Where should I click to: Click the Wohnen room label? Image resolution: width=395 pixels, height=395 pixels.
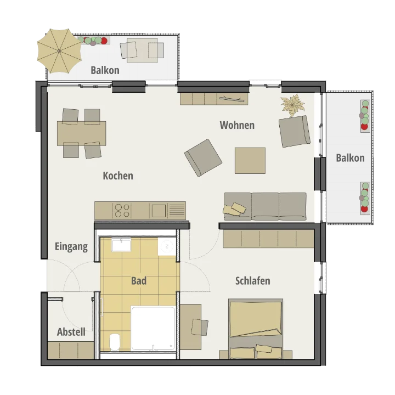(x=237, y=125)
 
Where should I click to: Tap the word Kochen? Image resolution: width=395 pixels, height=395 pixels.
(x=118, y=176)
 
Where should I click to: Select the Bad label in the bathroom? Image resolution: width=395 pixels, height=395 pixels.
(x=139, y=281)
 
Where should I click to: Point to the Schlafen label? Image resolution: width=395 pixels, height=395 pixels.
(x=253, y=281)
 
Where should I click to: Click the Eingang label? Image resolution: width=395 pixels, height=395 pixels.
(x=71, y=247)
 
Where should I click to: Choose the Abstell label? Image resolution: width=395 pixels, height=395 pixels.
(x=71, y=332)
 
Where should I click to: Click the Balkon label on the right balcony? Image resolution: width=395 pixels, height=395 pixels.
(x=350, y=158)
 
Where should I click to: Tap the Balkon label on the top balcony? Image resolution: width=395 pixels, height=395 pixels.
(x=105, y=70)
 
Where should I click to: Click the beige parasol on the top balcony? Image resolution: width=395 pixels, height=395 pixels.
(x=59, y=51)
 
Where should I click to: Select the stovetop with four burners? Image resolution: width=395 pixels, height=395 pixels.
(x=122, y=211)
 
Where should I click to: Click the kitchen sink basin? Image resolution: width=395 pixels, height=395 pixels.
(x=159, y=211)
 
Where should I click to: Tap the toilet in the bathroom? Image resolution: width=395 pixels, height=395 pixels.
(x=115, y=342)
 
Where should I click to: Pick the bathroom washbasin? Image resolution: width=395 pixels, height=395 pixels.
(x=121, y=245)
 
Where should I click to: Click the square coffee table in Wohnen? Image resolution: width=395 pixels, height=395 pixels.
(x=250, y=161)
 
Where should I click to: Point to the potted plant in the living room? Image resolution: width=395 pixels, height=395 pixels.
(x=292, y=105)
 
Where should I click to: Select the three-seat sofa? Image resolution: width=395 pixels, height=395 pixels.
(x=266, y=206)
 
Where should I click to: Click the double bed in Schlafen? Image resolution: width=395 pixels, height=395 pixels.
(x=256, y=329)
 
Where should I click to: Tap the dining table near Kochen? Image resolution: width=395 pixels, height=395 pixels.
(x=81, y=133)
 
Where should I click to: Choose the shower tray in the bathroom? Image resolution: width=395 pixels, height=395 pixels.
(x=153, y=328)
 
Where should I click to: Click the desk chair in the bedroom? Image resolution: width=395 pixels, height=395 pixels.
(x=200, y=327)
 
